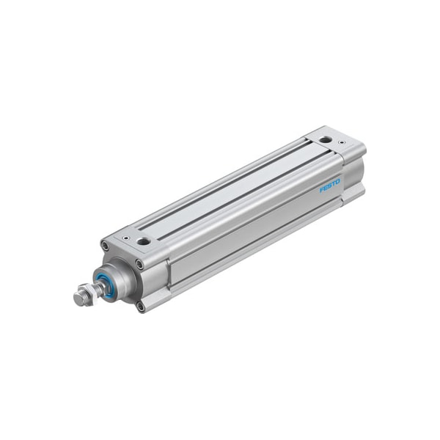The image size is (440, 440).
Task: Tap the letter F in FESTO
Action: pos(322,192)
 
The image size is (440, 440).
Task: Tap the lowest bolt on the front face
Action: pos(140,307)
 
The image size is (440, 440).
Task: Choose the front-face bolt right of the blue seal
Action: pos(139,264)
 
